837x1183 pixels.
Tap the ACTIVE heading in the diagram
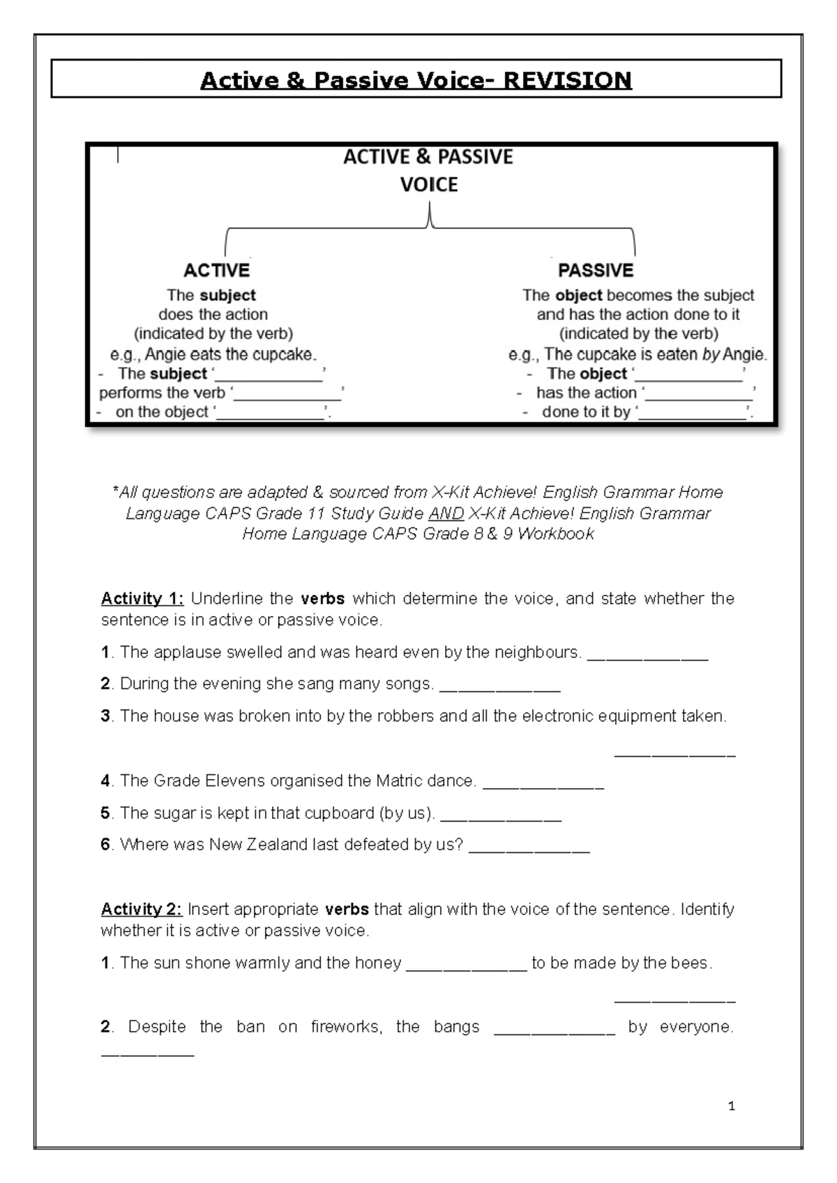[x=216, y=270]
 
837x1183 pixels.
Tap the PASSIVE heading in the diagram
[x=596, y=270]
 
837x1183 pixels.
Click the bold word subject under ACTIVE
[x=228, y=295]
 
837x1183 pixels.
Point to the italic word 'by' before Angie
[x=711, y=354]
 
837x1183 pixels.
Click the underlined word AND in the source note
[x=446, y=513]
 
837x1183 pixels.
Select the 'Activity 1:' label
[x=142, y=598]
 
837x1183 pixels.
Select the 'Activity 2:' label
[x=142, y=909]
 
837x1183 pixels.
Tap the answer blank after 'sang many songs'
[x=500, y=684]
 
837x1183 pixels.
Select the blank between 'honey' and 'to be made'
[x=466, y=963]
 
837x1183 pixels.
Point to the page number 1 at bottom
[x=731, y=1106]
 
